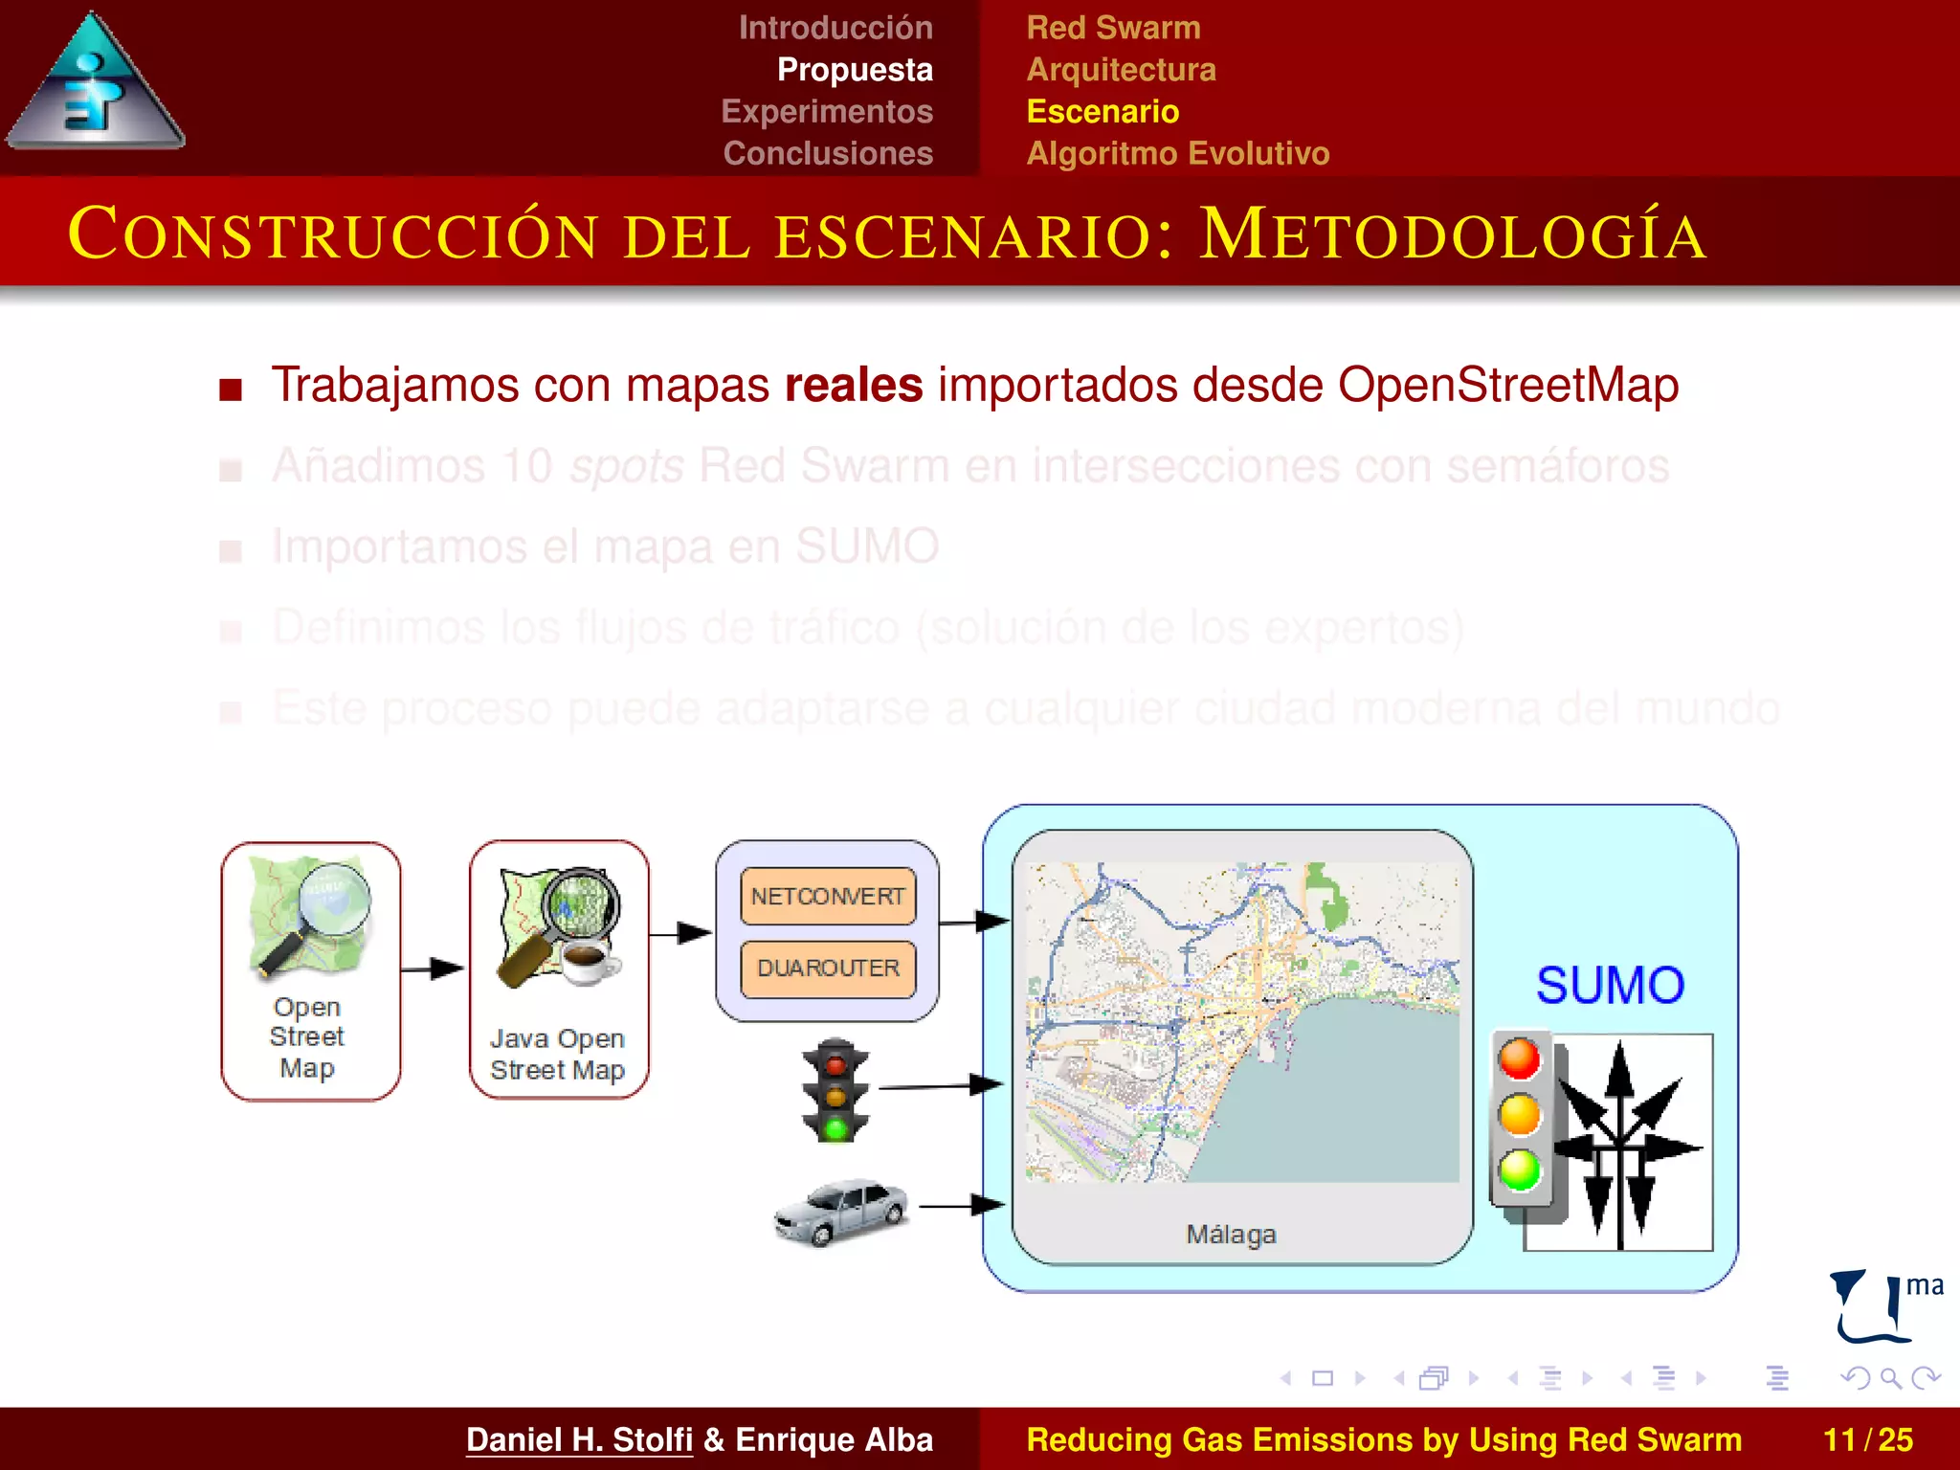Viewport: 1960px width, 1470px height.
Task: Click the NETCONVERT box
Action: [x=828, y=897]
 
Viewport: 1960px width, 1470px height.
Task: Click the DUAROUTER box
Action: [x=828, y=969]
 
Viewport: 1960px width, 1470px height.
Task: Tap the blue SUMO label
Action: [x=1610, y=986]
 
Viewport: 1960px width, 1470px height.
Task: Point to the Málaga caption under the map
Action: [x=1231, y=1235]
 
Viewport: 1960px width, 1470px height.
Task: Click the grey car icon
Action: [x=841, y=1212]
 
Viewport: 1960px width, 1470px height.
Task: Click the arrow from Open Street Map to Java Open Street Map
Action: [x=433, y=969]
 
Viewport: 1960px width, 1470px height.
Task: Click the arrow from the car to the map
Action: [x=962, y=1206]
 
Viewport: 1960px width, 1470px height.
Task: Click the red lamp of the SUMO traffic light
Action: [x=1520, y=1059]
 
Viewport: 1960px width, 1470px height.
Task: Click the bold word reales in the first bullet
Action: [x=853, y=386]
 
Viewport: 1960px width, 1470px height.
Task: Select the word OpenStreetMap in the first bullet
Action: [x=1507, y=386]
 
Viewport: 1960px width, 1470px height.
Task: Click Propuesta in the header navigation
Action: [x=854, y=70]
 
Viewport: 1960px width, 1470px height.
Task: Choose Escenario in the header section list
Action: [x=1102, y=112]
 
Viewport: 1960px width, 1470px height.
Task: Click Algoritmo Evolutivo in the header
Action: [x=1177, y=153]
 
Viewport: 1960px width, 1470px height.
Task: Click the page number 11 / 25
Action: [x=1867, y=1439]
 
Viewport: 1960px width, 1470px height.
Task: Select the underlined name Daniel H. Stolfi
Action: [x=579, y=1439]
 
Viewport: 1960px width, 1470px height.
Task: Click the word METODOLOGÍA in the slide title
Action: [x=1452, y=235]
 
